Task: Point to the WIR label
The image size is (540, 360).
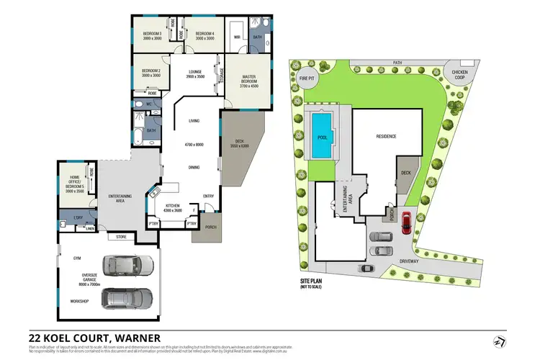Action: [236, 36]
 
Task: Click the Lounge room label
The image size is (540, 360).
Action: [196, 73]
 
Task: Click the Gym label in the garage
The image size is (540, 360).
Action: [76, 257]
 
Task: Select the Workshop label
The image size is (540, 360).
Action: [79, 301]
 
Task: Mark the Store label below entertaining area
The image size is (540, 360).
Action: [120, 236]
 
